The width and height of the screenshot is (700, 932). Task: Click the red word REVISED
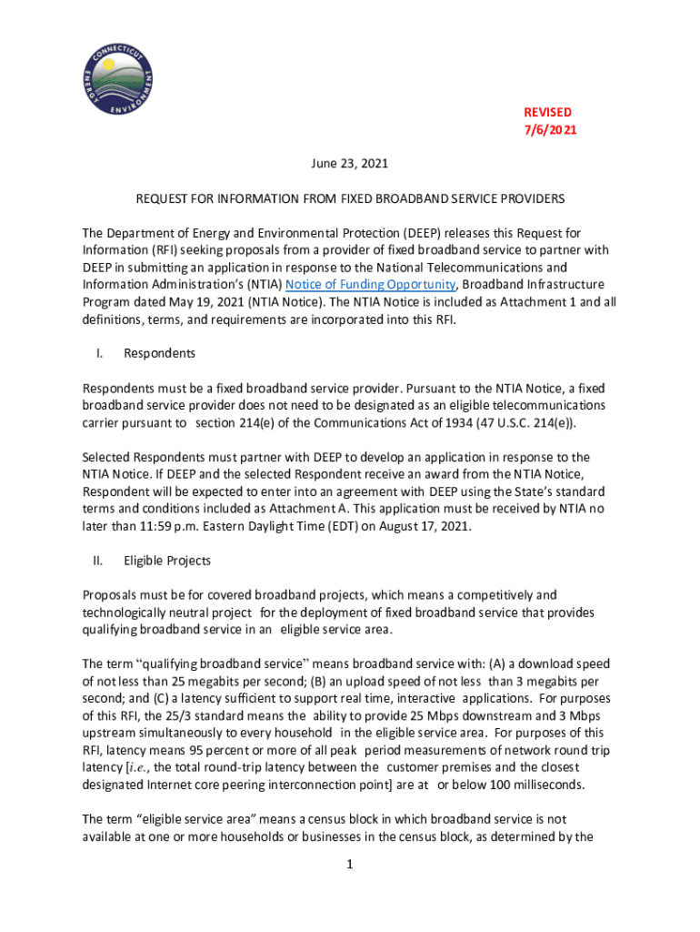pos(547,112)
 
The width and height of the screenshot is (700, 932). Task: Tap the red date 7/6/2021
pos(549,130)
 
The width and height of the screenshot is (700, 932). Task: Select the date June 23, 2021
pos(350,164)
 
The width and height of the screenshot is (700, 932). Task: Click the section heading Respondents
pos(159,353)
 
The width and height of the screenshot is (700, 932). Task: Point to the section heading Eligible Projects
pos(167,561)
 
